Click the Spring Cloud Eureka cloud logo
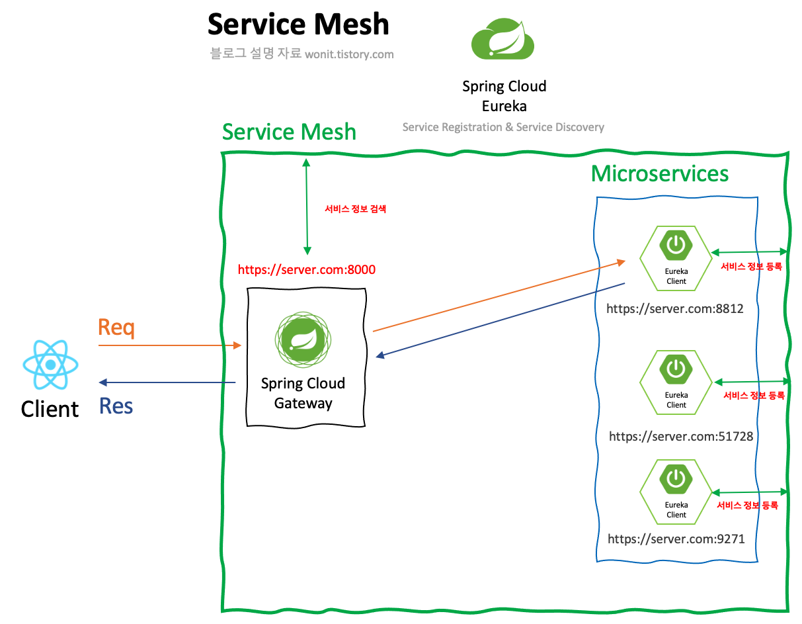pos(502,40)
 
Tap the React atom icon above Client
pos(50,365)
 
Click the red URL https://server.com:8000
pos(307,270)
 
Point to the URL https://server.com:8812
pos(675,308)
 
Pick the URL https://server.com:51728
pos(680,436)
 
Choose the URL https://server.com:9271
pos(676,539)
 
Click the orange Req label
pos(116,328)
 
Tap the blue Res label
pos(116,406)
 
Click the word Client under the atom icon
pos(50,409)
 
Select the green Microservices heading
pos(660,173)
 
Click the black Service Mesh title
pos(298,24)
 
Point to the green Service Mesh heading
pos(289,132)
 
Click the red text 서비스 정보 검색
pos(355,209)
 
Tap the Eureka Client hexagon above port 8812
pos(676,257)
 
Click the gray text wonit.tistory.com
pos(349,55)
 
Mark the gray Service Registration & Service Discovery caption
pos(503,127)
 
